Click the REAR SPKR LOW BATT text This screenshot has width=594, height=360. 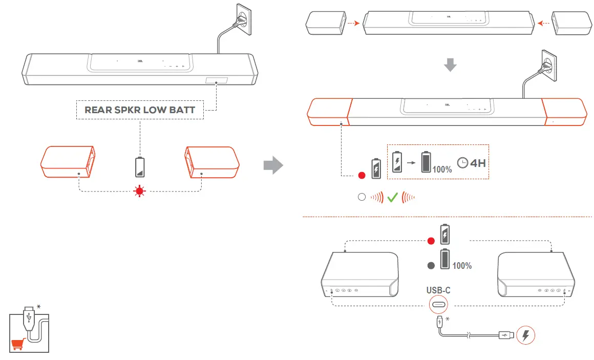[x=139, y=110]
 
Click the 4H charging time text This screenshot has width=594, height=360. [x=478, y=163]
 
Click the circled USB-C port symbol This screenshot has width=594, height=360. [x=439, y=305]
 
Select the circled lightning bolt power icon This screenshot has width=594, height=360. [x=526, y=335]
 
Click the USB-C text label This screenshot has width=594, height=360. [x=438, y=290]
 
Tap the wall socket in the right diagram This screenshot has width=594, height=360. [x=547, y=66]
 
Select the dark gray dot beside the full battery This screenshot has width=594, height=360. [x=431, y=265]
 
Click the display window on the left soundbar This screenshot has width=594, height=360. [x=216, y=81]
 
